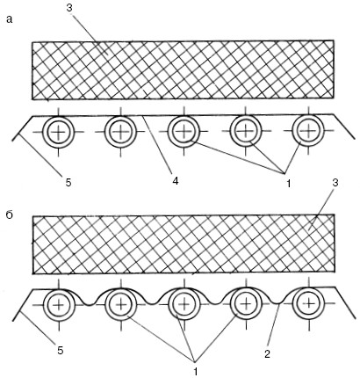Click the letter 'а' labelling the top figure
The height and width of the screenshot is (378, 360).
point(10,19)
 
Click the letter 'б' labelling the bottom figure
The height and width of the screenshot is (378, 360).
point(10,215)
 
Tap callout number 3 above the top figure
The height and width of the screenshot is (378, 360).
point(69,8)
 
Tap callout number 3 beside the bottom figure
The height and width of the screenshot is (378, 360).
point(335,183)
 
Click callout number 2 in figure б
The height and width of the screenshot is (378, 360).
point(267,354)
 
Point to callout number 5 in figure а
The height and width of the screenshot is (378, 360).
point(68,183)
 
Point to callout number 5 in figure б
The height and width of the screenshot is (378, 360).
point(61,351)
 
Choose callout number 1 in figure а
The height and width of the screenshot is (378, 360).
point(288,184)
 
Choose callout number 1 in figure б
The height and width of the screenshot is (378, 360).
point(195,372)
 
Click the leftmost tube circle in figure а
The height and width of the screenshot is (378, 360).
point(59,132)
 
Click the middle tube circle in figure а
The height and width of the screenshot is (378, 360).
point(184,132)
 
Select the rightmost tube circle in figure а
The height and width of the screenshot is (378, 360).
point(308,130)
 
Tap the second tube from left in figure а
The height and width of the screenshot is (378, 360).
point(120,132)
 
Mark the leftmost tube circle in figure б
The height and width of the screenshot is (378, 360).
point(59,305)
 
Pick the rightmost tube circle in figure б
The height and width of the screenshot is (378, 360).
point(309,303)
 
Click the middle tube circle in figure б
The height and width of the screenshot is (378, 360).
point(184,305)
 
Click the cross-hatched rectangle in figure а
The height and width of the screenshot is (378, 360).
point(184,70)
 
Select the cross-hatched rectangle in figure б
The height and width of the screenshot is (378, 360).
point(184,244)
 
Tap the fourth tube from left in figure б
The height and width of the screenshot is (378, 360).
point(246,303)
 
